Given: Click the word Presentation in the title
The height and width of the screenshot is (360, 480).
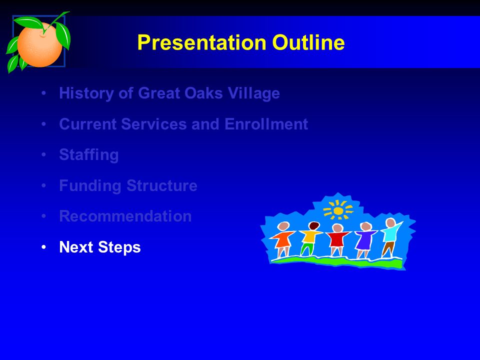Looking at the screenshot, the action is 201,42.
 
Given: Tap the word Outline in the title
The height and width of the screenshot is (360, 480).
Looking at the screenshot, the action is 308,42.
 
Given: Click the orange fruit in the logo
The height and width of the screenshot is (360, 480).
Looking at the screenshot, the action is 39,44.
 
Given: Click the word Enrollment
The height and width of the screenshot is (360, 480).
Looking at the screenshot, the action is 266,124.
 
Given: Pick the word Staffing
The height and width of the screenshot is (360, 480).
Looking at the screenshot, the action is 89,155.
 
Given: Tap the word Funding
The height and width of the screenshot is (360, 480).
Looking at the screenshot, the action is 90,186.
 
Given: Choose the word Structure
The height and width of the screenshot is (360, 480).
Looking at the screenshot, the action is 162,185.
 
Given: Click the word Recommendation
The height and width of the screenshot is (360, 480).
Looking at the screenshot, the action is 125,216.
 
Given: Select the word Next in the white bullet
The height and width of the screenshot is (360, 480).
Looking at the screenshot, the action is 76,247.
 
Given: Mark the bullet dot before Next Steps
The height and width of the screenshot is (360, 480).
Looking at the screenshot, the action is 44,246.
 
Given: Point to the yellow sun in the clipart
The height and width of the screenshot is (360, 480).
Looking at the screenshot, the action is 338,210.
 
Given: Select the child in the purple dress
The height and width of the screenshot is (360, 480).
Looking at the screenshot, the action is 364,239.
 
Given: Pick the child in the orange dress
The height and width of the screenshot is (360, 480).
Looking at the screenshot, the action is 282,239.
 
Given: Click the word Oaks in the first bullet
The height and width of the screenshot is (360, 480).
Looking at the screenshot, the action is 203,93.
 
